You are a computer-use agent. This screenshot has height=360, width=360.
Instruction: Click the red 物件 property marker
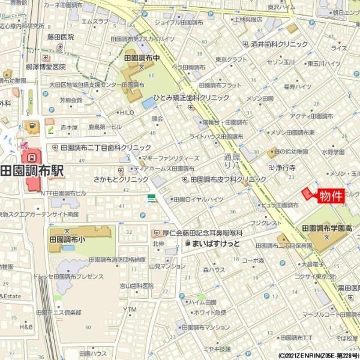pos(330,196)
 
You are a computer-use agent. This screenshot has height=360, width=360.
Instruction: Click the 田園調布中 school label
pos(143,59)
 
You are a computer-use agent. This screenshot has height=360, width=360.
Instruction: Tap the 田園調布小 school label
pos(67,238)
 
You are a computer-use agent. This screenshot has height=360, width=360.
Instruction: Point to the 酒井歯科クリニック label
pos(280,44)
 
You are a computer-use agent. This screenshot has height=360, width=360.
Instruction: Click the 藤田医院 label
pos(60,37)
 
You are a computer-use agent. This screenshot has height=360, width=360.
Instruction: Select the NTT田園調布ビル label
pos(64,193)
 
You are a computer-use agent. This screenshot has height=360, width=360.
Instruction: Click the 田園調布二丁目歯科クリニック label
pos(106,147)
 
